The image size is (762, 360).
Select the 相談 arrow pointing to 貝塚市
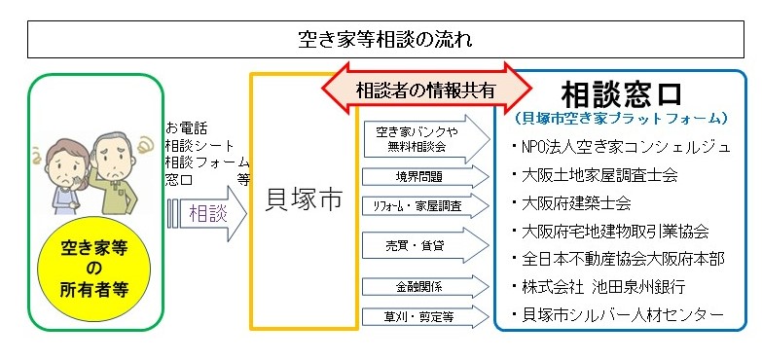[x=205, y=212]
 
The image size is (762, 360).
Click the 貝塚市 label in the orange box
[x=305, y=201]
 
